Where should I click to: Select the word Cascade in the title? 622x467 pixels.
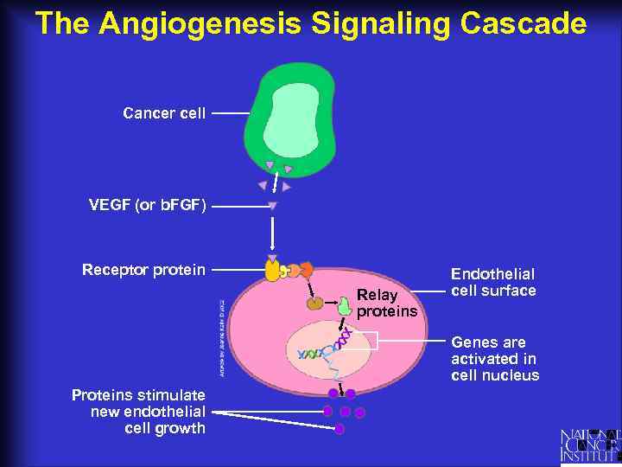(523, 23)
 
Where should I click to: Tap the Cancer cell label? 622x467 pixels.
(164, 113)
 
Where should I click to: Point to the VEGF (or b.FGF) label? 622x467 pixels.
(148, 206)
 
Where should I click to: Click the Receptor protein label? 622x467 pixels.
(143, 270)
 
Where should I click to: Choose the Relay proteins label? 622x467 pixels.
(386, 303)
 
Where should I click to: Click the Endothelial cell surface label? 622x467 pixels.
(493, 282)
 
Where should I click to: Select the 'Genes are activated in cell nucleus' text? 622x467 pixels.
(494, 359)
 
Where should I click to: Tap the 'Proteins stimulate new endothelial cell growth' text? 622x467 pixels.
(138, 412)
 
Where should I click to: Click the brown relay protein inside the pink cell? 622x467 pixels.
(316, 304)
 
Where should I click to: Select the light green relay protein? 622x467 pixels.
(345, 303)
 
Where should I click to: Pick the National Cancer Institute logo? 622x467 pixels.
(590, 445)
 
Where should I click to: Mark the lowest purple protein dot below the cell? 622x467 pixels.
(340, 428)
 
